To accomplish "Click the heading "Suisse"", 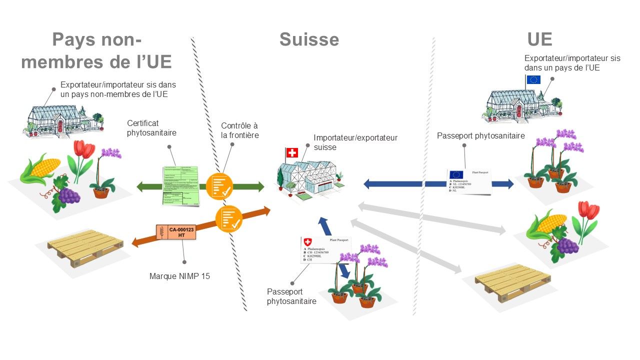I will point(309,39).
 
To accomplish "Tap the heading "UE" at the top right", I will point(539,39).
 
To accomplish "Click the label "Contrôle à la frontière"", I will point(240,130).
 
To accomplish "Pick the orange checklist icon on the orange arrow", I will point(228,218).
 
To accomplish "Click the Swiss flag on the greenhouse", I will point(291,152).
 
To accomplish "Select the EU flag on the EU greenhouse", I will point(533,79).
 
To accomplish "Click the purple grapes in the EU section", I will point(568,245).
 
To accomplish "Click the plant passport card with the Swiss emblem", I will point(325,249).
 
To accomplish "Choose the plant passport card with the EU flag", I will point(468,181).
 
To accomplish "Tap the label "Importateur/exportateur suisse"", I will point(355,142).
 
